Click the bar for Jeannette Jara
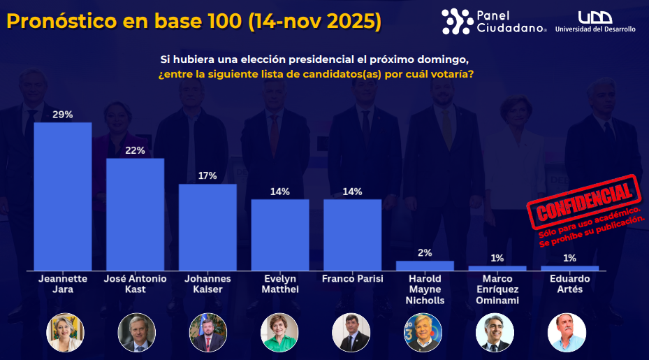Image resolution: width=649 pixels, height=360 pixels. [x=63, y=196]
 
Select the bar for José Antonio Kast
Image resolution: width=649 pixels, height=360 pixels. [x=135, y=215]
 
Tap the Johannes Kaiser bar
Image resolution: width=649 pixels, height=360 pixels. [x=207, y=227]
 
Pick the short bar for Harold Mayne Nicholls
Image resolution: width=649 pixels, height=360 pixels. [x=425, y=266]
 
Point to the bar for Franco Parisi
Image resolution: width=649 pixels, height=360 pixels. [x=352, y=235]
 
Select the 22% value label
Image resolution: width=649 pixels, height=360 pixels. [x=135, y=150]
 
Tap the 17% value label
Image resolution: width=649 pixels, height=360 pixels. [x=207, y=175]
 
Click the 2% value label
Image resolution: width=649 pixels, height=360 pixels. [x=425, y=253]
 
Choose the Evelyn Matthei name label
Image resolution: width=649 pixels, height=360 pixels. [x=279, y=284]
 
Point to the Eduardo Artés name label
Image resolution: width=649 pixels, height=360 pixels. [x=569, y=284]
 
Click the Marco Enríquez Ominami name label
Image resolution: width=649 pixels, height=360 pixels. [x=497, y=289]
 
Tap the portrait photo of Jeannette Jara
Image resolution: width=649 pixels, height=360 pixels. [x=66, y=332]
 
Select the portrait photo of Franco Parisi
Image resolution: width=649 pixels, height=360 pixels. [x=351, y=332]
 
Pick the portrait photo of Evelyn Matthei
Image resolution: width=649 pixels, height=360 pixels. [x=279, y=332]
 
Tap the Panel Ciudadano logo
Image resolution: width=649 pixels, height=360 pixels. [x=494, y=22]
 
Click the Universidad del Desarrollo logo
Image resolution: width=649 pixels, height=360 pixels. [x=595, y=22]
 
